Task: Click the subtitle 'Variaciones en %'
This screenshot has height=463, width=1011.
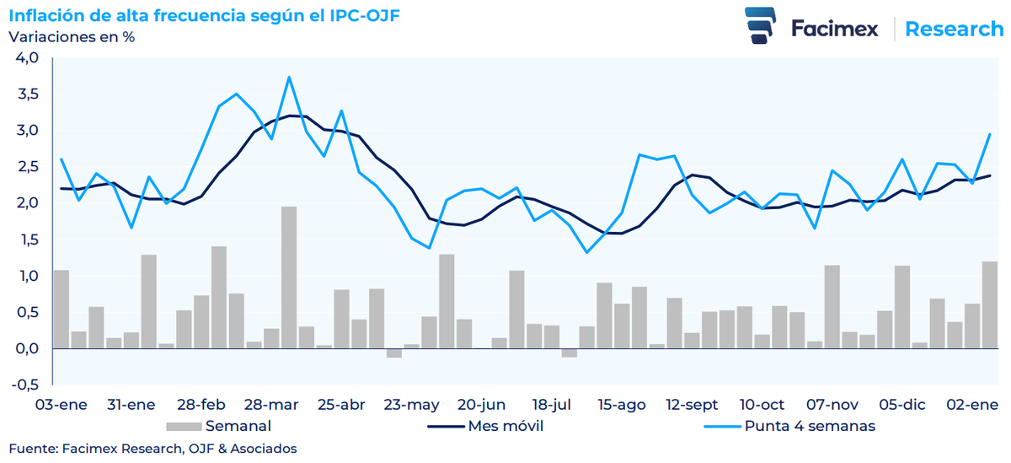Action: point(72,37)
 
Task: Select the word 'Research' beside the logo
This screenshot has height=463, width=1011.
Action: point(954,29)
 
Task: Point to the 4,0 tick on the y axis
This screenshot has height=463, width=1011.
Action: point(27,58)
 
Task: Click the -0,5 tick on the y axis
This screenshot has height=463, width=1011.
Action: point(25,385)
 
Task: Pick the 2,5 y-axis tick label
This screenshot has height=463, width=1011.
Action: point(27,167)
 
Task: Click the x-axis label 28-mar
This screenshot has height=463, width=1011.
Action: point(270,405)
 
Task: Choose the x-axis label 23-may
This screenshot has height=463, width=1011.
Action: point(411,405)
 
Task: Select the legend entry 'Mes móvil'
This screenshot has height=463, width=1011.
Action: point(505,426)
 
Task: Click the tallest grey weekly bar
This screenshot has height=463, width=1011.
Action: point(289,278)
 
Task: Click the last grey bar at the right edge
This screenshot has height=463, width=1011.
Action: point(990,305)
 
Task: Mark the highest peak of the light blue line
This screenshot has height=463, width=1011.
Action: point(289,78)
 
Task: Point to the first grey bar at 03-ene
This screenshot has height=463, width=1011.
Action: point(62,309)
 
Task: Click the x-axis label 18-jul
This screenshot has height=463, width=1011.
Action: point(552,405)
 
